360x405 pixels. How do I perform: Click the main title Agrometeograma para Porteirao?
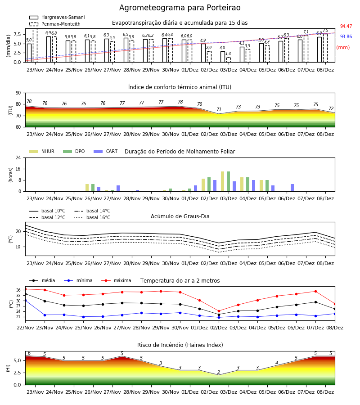pos(180,8)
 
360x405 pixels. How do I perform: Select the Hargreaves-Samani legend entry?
pos(57,17)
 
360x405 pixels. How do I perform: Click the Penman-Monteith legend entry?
pos(55,24)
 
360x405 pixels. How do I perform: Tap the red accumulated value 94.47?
pos(346,27)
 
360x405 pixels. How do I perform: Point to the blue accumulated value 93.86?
pos(346,37)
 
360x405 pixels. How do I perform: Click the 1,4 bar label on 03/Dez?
pos(228,54)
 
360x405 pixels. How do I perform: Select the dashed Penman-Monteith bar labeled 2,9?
pos(209,57)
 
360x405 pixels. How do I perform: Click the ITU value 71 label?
pos(219,109)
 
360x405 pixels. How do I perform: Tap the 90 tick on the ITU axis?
pos(18,93)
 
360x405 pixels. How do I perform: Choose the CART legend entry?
pos(106,151)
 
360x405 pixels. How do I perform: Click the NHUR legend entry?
pos(42,151)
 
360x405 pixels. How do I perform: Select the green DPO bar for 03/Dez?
pos(228,182)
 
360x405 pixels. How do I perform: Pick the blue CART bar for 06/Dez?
pos(292,188)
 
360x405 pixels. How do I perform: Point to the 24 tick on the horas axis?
pos(18,157)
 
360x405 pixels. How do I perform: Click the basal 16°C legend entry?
pos(92,217)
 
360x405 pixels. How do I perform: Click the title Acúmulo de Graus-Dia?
pos(180,216)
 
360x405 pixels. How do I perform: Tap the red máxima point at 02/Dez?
pos(219,311)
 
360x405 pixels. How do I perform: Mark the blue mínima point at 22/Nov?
pos(25,301)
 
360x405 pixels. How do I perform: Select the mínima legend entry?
pos(78,280)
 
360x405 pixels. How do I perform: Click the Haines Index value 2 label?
pos(219,372)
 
